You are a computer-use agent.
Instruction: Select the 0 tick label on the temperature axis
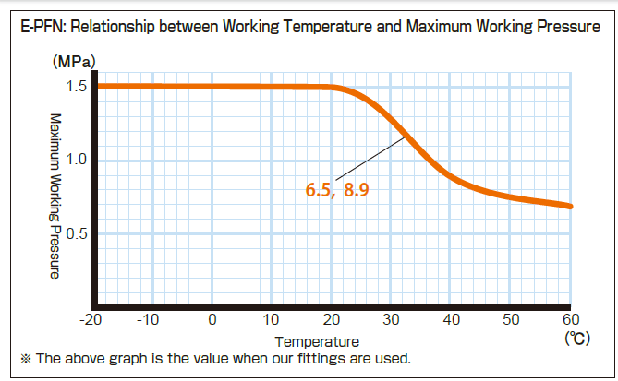(212, 320)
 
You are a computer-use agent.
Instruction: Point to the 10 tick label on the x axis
(272, 320)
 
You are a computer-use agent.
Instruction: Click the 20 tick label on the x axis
(332, 320)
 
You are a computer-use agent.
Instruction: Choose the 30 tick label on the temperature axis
(392, 320)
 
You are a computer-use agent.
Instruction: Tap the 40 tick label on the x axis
(452, 320)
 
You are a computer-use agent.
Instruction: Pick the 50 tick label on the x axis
(511, 320)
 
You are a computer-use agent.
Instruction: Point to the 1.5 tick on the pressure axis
(76, 87)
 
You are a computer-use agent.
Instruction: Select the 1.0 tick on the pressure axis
(76, 160)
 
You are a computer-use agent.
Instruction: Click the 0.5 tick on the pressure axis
(76, 233)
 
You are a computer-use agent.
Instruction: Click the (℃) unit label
(577, 339)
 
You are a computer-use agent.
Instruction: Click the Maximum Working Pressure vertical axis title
(55, 196)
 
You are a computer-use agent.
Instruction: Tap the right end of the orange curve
(571, 206)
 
